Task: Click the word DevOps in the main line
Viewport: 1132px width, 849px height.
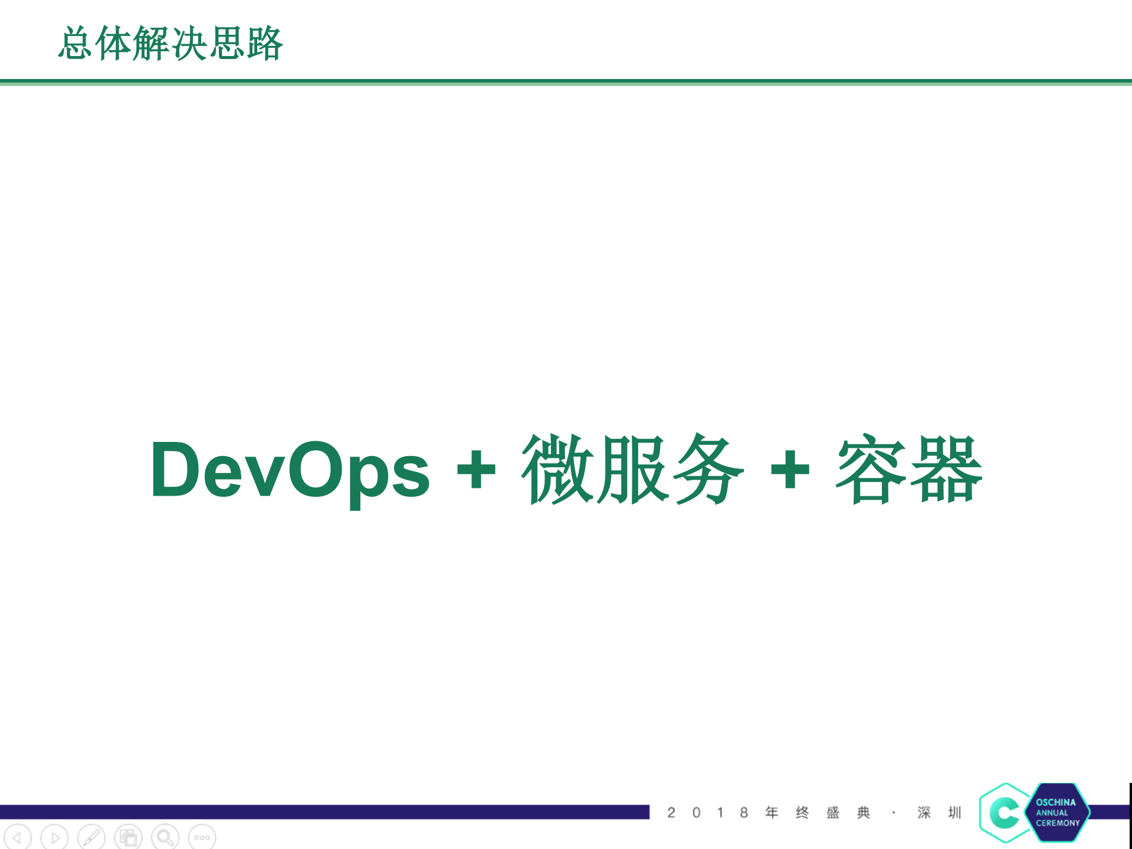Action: click(x=290, y=470)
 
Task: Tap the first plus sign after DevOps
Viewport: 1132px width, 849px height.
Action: click(x=476, y=470)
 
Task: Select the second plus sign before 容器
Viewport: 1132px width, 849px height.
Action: click(x=790, y=470)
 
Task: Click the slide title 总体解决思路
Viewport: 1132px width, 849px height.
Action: click(x=171, y=44)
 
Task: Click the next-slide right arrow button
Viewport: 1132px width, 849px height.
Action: click(x=55, y=837)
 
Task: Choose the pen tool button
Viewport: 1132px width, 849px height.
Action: click(x=91, y=837)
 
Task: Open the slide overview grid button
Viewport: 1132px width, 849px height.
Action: click(x=128, y=837)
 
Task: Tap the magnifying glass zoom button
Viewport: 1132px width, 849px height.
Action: click(x=165, y=837)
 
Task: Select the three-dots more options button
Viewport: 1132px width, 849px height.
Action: click(x=202, y=837)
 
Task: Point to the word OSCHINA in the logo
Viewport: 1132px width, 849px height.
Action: click(x=1055, y=802)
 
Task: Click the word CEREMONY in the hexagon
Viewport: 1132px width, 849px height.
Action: click(x=1058, y=823)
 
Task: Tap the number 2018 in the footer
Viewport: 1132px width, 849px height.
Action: click(x=707, y=813)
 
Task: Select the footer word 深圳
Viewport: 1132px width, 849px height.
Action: click(x=939, y=813)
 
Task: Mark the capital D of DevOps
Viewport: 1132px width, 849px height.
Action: click(x=175, y=470)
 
